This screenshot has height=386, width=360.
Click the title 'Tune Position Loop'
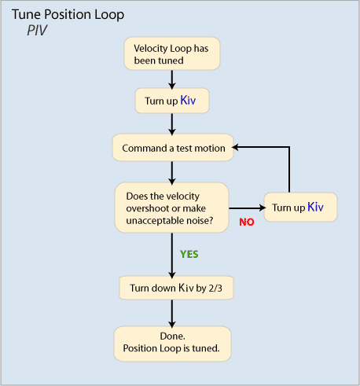pyautogui.click(x=68, y=15)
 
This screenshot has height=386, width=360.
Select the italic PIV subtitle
pyautogui.click(x=37, y=31)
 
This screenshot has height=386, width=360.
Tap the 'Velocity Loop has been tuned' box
pyautogui.click(x=172, y=53)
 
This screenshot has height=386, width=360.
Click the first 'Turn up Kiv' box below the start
pyautogui.click(x=172, y=101)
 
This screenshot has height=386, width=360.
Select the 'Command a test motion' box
pyautogui.click(x=173, y=148)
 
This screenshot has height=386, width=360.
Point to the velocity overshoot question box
pyautogui.click(x=172, y=208)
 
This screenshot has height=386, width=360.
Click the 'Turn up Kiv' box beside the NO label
pyautogui.click(x=300, y=207)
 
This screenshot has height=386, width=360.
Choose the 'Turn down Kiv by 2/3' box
pyautogui.click(x=176, y=288)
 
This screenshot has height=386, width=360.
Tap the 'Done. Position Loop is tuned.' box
pyautogui.click(x=172, y=344)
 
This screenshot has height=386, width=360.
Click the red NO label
pyautogui.click(x=247, y=222)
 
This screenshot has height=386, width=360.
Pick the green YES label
pyautogui.click(x=189, y=254)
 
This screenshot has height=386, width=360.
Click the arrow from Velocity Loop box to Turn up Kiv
pyautogui.click(x=172, y=79)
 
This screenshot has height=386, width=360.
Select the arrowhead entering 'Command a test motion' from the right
pyautogui.click(x=235, y=147)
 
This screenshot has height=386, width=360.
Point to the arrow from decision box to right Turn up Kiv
pyautogui.click(x=247, y=208)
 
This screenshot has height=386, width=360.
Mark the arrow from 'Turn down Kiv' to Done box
pyautogui.click(x=172, y=314)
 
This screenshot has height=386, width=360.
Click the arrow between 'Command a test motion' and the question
pyautogui.click(x=172, y=172)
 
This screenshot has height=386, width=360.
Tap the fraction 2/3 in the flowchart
pyautogui.click(x=215, y=289)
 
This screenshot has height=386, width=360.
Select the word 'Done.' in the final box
pyautogui.click(x=172, y=336)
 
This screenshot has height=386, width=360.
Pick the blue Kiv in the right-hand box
pyautogui.click(x=315, y=207)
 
